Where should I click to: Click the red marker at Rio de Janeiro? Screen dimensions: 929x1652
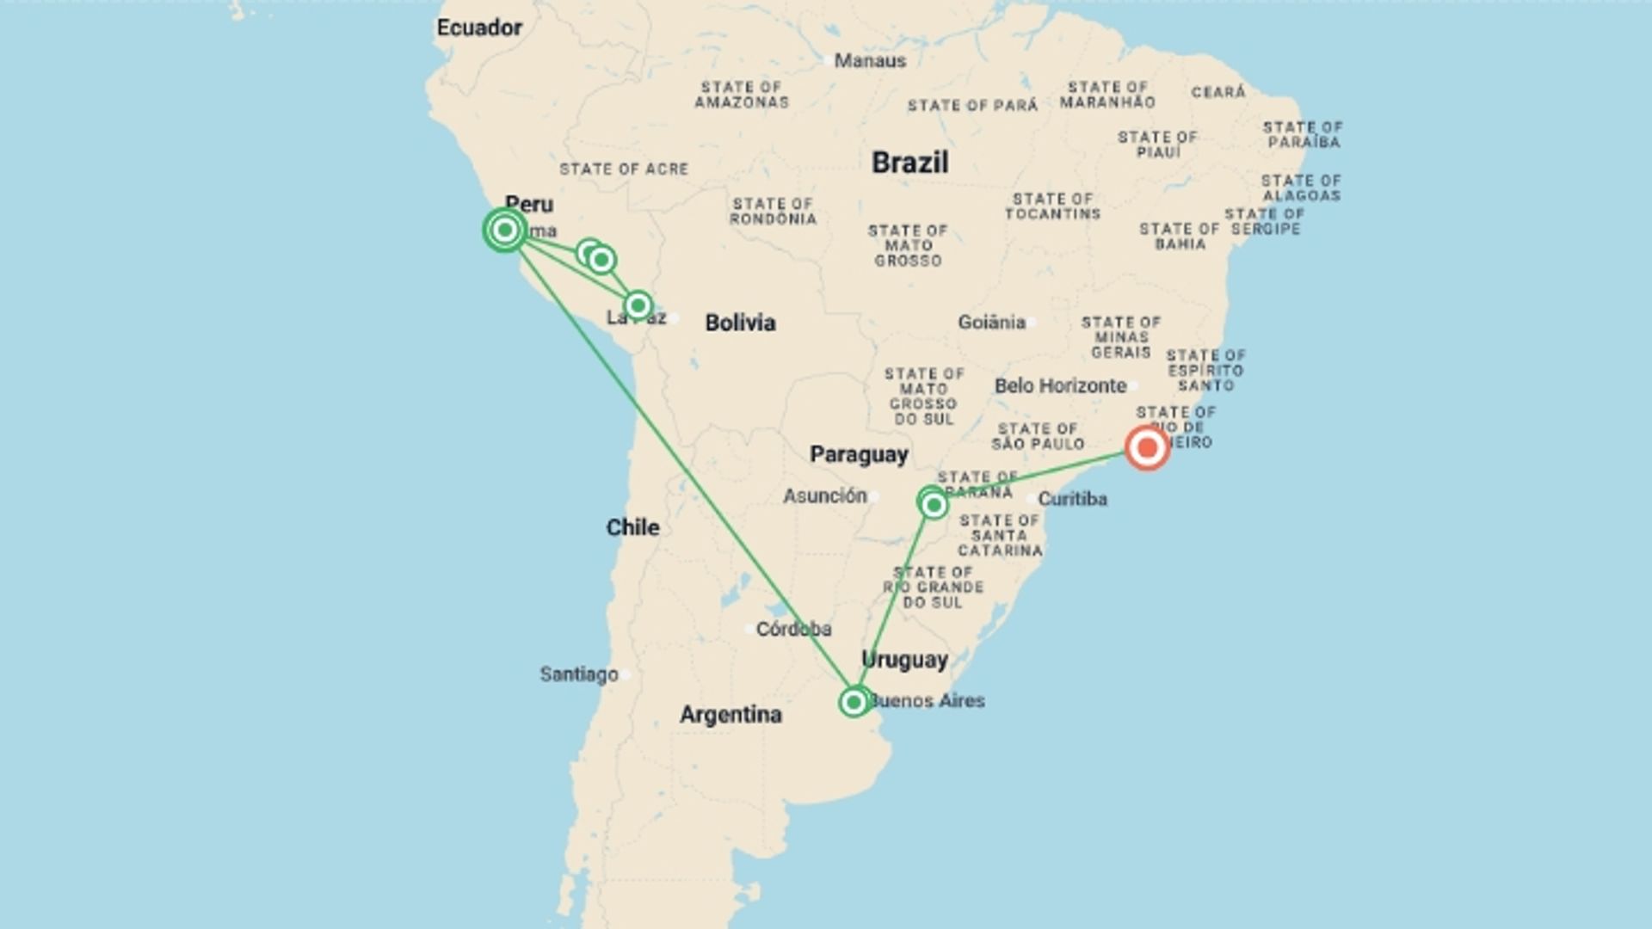pos(1147,447)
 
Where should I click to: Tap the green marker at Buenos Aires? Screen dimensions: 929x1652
pos(854,703)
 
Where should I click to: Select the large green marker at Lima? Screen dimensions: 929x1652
pos(505,230)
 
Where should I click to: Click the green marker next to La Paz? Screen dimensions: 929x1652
pos(638,305)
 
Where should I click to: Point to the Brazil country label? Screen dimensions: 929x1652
pos(909,163)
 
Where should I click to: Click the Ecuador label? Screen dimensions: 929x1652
pos(479,28)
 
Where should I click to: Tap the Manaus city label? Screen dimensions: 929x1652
pos(870,61)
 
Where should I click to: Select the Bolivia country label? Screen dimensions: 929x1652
pos(740,323)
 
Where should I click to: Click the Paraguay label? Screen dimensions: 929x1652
pos(859,455)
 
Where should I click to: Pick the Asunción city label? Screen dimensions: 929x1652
pos(824,495)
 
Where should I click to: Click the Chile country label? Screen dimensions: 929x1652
pos(632,527)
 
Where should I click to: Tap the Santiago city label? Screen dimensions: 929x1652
pos(579,674)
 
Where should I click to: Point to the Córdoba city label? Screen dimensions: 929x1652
pos(793,629)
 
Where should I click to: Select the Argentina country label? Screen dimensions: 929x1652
pos(730,715)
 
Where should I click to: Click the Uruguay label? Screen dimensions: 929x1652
pos(904,660)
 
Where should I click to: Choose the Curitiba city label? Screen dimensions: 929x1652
pos(1072,499)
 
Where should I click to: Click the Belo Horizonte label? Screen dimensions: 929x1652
pos(1060,385)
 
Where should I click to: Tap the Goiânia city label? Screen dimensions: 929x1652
pos(991,323)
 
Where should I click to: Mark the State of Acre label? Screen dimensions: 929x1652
pos(624,169)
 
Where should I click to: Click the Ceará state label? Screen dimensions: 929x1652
pos(1218,92)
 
